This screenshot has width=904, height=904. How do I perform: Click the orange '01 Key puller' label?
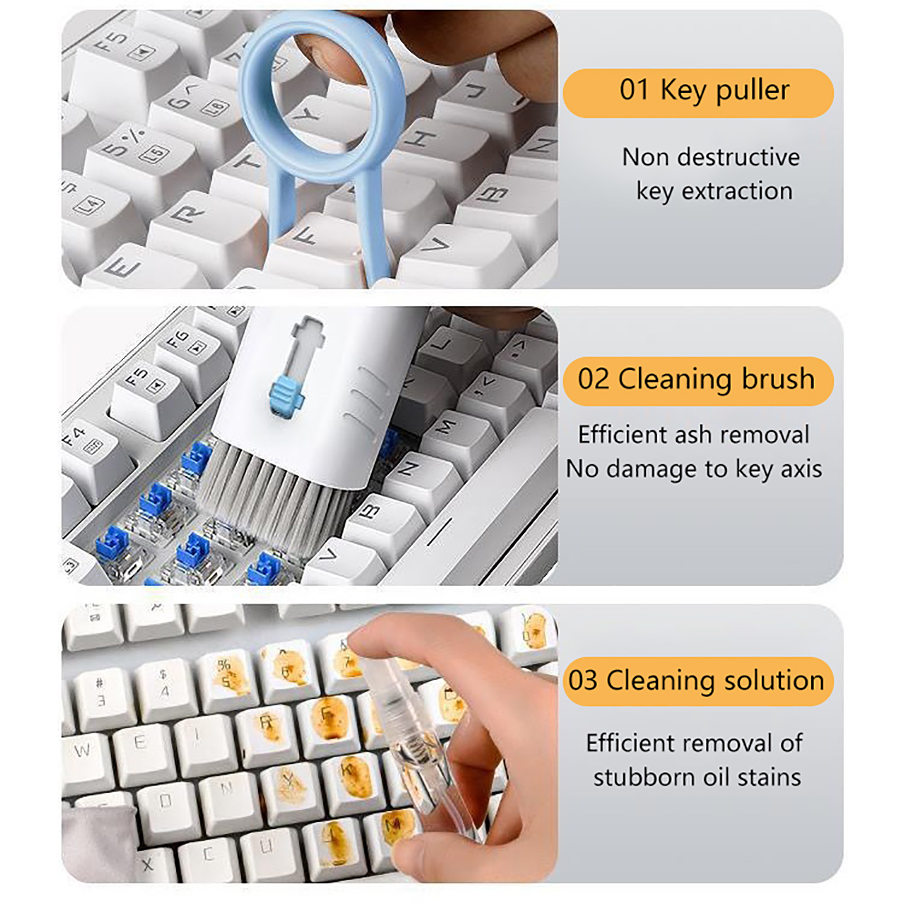pyautogui.click(x=698, y=93)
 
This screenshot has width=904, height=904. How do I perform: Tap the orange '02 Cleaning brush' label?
pyautogui.click(x=698, y=381)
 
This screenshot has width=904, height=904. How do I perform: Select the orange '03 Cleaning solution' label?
pyautogui.click(x=698, y=681)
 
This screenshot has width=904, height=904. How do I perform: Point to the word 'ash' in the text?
pyautogui.click(x=693, y=434)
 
